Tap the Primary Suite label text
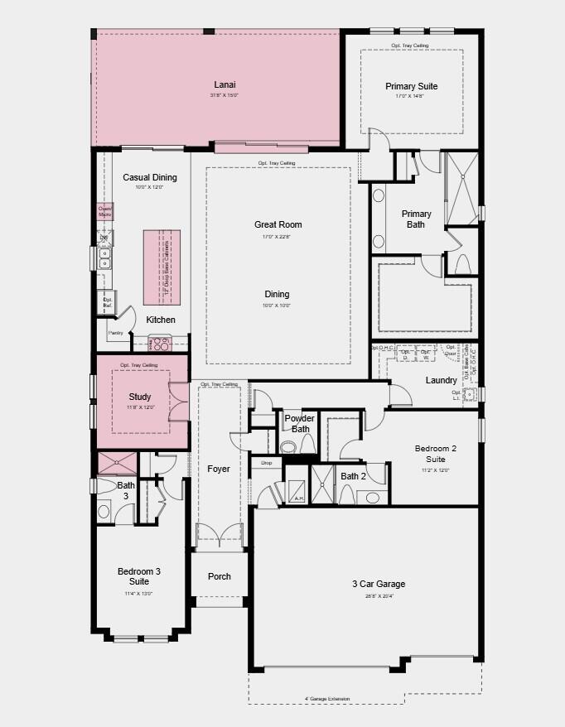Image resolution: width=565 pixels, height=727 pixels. (x=411, y=86)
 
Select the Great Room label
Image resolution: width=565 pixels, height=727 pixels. (x=278, y=224)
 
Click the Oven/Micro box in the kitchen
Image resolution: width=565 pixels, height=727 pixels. (x=104, y=212)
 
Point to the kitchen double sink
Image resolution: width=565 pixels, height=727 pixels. (x=104, y=258)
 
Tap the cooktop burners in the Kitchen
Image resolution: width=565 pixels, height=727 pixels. (x=160, y=343)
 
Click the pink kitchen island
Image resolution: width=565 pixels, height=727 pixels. (x=162, y=268)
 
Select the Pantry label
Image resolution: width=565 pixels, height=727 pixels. (x=115, y=333)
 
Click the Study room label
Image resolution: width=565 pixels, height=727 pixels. (x=140, y=397)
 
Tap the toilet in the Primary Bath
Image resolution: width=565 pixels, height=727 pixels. (x=462, y=263)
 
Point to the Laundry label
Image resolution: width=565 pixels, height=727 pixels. (x=441, y=380)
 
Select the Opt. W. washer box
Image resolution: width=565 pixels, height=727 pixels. (x=426, y=354)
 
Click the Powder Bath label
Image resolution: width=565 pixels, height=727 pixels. (x=300, y=423)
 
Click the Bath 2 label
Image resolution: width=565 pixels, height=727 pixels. (x=353, y=476)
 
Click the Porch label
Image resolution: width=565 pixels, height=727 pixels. (x=220, y=576)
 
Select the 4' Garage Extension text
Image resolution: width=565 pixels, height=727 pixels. (x=326, y=699)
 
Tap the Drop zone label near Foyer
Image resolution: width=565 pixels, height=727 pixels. (x=267, y=463)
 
